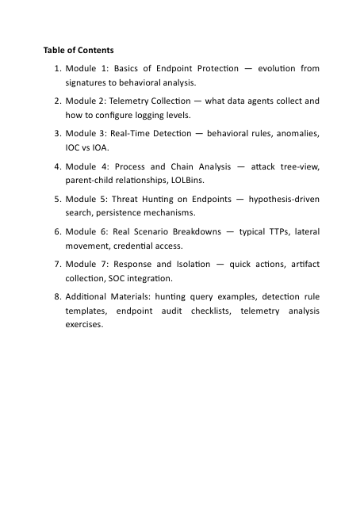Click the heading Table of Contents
click(x=79, y=51)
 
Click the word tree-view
click(x=299, y=166)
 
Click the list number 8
click(x=58, y=297)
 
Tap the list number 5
click(x=58, y=200)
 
